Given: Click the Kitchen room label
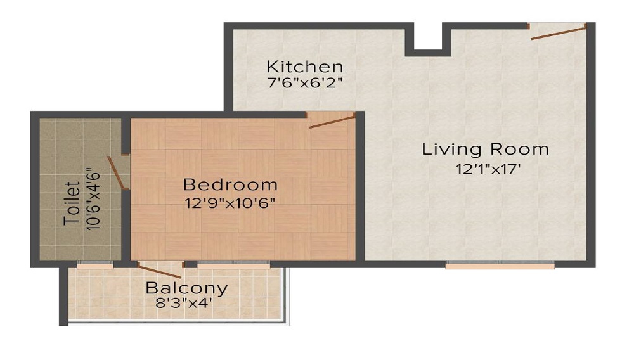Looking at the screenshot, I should (x=305, y=66).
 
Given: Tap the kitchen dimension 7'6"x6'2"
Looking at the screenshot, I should (x=305, y=82).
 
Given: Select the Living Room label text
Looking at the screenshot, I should (x=485, y=150).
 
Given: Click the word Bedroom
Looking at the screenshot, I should (x=230, y=184).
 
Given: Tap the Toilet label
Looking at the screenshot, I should (x=72, y=203).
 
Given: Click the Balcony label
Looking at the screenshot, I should (x=186, y=288).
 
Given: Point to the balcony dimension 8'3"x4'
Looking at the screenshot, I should (x=184, y=303).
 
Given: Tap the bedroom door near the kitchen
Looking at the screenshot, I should (x=331, y=120).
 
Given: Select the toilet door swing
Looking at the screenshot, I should (x=116, y=172).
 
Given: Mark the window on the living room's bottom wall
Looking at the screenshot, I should (x=500, y=265).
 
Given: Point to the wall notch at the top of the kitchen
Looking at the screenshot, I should (x=428, y=39).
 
